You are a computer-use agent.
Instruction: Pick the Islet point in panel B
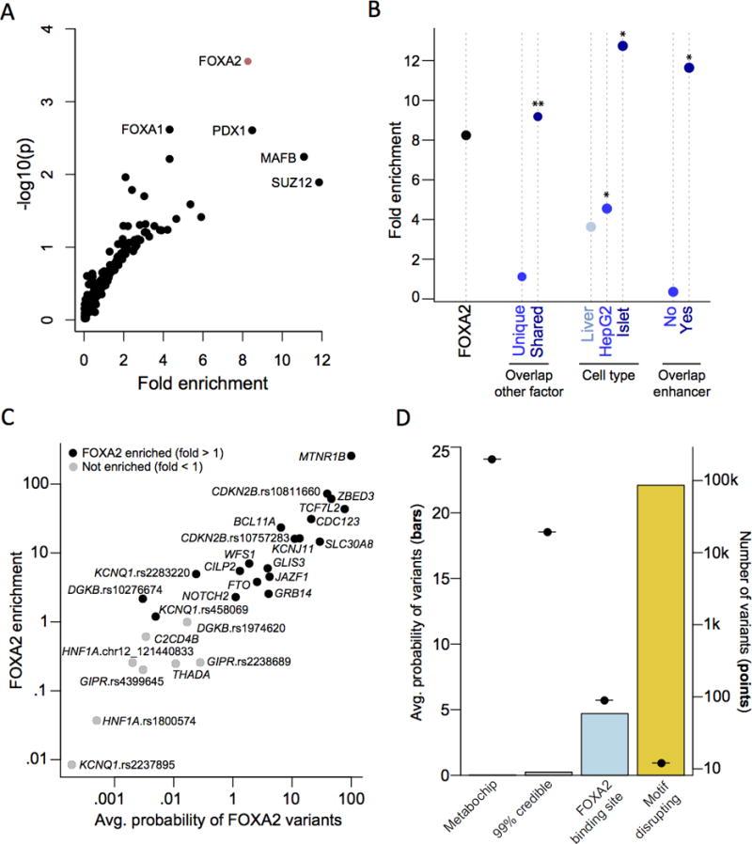(x=622, y=46)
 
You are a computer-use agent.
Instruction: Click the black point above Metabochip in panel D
(x=492, y=459)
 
